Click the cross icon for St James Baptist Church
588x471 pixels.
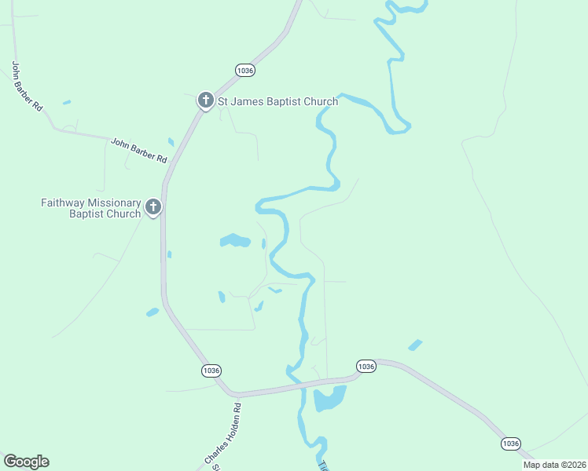pyautogui.click(x=205, y=100)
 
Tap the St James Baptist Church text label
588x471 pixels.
pyautogui.click(x=277, y=101)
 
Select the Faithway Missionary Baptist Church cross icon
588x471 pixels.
pyautogui.click(x=153, y=207)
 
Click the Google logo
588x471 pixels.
pyautogui.click(x=26, y=462)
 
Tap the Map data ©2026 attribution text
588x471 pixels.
pyautogui.click(x=554, y=465)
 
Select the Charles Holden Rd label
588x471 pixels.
pyautogui.click(x=222, y=433)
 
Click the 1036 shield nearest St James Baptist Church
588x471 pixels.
pyautogui.click(x=245, y=70)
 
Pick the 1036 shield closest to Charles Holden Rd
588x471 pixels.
pyautogui.click(x=211, y=371)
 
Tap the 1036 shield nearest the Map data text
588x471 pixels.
pyautogui.click(x=510, y=444)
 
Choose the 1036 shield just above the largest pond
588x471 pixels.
pyautogui.click(x=366, y=367)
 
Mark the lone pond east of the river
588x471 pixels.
pyautogui.click(x=414, y=345)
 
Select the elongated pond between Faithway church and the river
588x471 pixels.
pyautogui.click(x=235, y=240)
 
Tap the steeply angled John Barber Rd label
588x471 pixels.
pyautogui.click(x=26, y=86)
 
